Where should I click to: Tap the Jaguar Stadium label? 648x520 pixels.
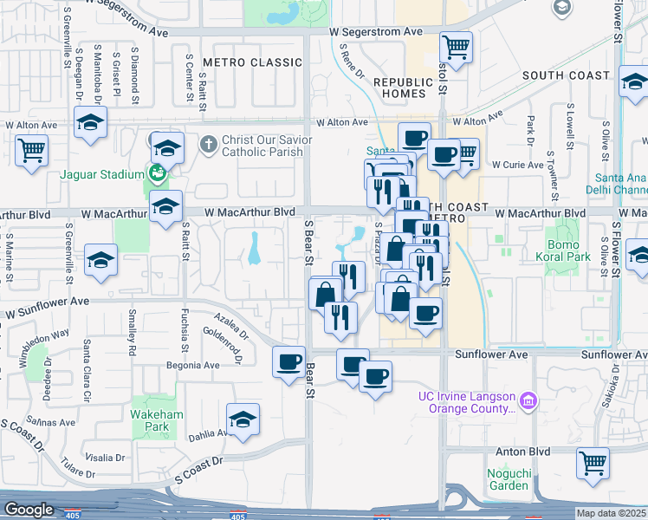[101, 173]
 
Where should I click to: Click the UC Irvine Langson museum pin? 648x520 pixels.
[528, 400]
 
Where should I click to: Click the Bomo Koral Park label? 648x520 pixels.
[568, 251]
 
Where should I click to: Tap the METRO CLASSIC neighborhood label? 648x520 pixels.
[240, 63]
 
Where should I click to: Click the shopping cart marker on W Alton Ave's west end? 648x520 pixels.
[31, 150]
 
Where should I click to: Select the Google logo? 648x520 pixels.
[29, 510]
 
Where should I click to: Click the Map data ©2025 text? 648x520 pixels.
[611, 513]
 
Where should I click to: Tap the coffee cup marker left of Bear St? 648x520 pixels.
[288, 361]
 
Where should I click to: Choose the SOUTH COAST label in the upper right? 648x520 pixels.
[566, 75]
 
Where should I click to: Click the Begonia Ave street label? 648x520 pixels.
[193, 366]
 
